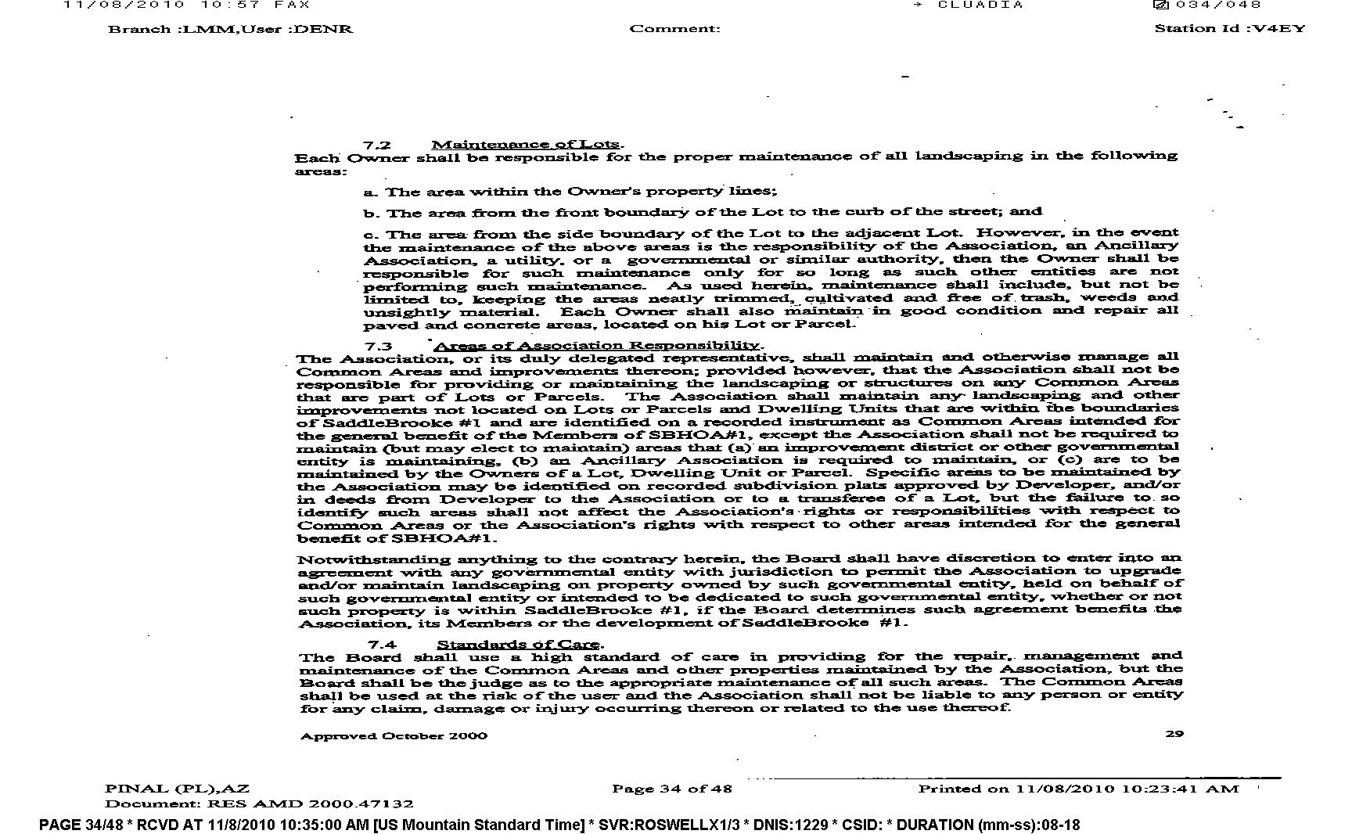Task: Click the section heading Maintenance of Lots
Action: [527, 144]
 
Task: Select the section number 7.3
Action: [377, 346]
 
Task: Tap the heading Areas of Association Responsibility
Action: [597, 346]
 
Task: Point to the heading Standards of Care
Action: [519, 645]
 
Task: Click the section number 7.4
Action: [383, 645]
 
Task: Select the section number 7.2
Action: [376, 145]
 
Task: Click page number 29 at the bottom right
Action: [1174, 734]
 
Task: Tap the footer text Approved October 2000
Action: [394, 735]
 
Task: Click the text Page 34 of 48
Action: [672, 789]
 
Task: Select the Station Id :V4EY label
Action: [1230, 29]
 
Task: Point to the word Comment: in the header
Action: [674, 29]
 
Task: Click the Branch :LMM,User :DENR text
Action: [230, 29]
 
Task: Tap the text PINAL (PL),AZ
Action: [177, 789]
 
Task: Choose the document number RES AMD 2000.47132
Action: [310, 803]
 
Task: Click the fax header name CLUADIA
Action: [980, 5]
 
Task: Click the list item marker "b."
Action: [372, 214]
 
